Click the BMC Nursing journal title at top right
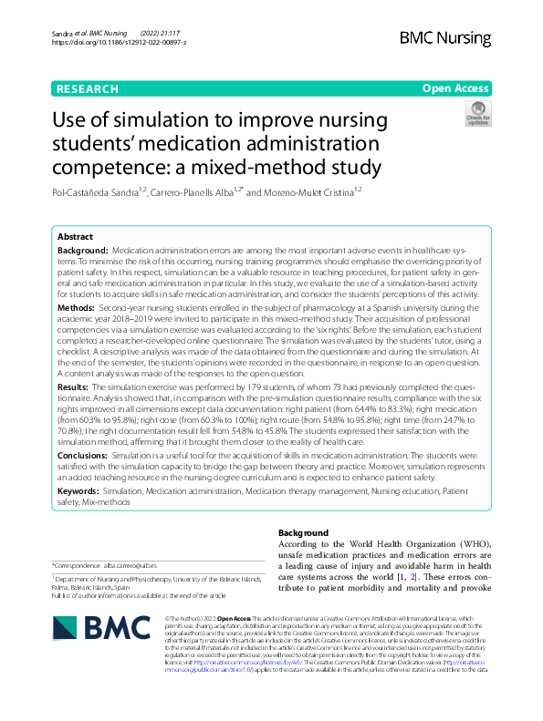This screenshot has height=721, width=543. click(444, 37)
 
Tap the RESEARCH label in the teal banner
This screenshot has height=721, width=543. click(87, 88)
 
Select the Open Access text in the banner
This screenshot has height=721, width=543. click(455, 88)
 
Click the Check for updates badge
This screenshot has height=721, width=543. click(478, 114)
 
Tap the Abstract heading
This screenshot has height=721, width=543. click(76, 235)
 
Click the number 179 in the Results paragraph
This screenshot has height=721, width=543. click(245, 387)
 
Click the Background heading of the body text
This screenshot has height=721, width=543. click(302, 532)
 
